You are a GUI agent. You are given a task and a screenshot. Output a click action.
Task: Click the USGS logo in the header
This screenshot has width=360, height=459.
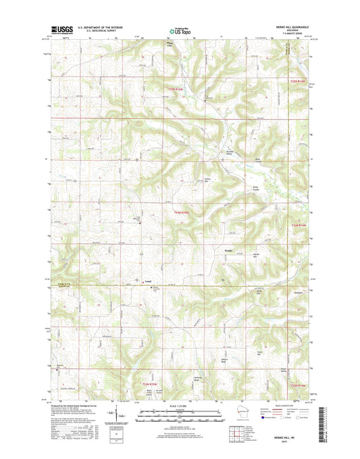pos(62,29)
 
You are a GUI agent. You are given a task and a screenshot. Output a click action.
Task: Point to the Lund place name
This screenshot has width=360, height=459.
pos(149,279)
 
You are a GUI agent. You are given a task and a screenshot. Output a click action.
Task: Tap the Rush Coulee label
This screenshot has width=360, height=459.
pos(257,160)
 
